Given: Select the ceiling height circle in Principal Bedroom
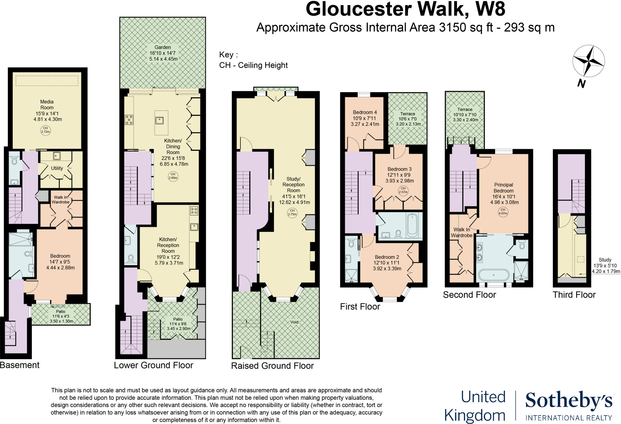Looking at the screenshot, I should (x=503, y=212).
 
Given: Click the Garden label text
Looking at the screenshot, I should (x=163, y=47).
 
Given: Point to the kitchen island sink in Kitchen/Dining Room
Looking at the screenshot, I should (x=159, y=121).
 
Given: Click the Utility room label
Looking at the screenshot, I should (x=57, y=168).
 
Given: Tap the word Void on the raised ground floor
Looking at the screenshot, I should (x=294, y=322).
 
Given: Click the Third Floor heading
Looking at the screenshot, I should (x=574, y=295).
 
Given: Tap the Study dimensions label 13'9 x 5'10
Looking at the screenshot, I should (x=605, y=265).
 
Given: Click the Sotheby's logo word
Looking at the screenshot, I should (x=569, y=401).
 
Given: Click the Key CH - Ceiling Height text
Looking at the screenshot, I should (x=253, y=65).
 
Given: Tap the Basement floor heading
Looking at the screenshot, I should (x=20, y=365).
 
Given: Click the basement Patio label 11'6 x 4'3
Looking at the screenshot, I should (x=61, y=316).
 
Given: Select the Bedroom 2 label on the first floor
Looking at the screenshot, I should (x=387, y=257).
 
